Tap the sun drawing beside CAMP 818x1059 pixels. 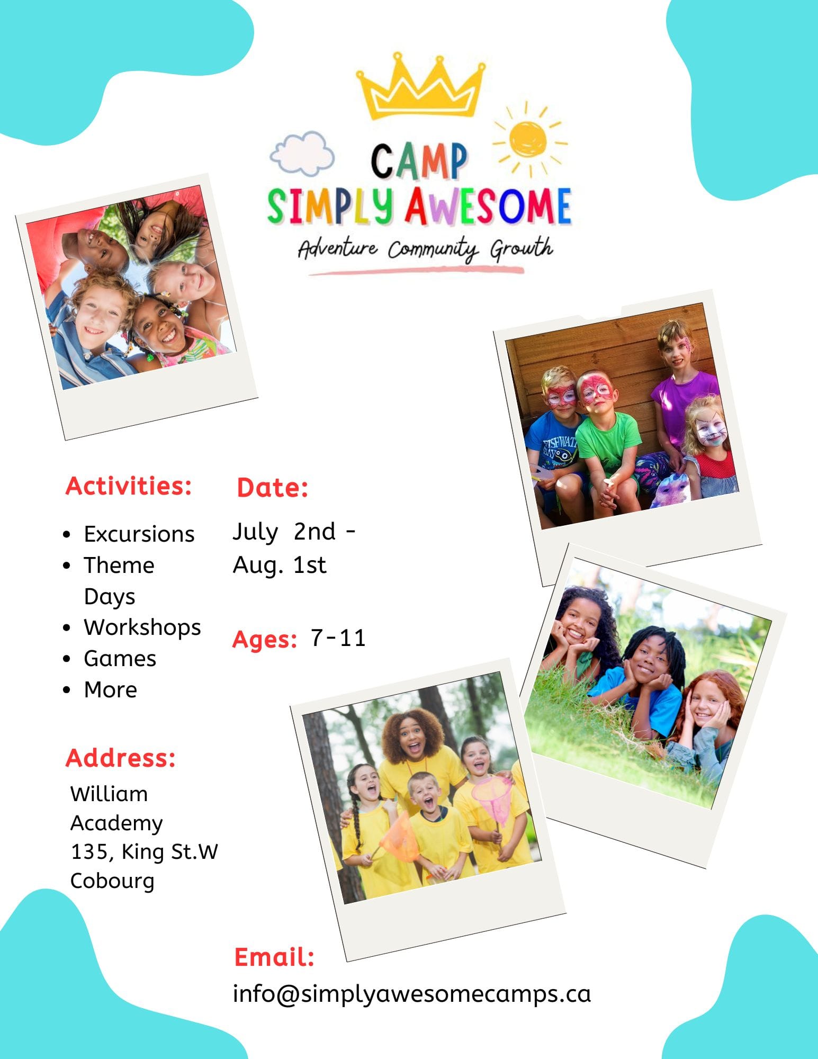tap(528, 139)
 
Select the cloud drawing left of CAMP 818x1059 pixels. tap(302, 154)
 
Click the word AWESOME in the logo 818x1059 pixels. tap(488, 207)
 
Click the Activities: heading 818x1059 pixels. tap(129, 486)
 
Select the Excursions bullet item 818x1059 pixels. tap(139, 534)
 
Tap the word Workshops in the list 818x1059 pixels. tap(142, 627)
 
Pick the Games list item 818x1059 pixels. tap(120, 659)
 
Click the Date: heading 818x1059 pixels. tap(272, 488)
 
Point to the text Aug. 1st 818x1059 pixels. tap(280, 565)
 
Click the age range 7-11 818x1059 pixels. tap(338, 638)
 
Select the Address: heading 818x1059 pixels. tap(121, 758)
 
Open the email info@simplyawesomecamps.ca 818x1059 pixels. tap(411, 994)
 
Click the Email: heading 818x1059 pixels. tap(274, 957)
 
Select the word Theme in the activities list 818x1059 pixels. tap(119, 565)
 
